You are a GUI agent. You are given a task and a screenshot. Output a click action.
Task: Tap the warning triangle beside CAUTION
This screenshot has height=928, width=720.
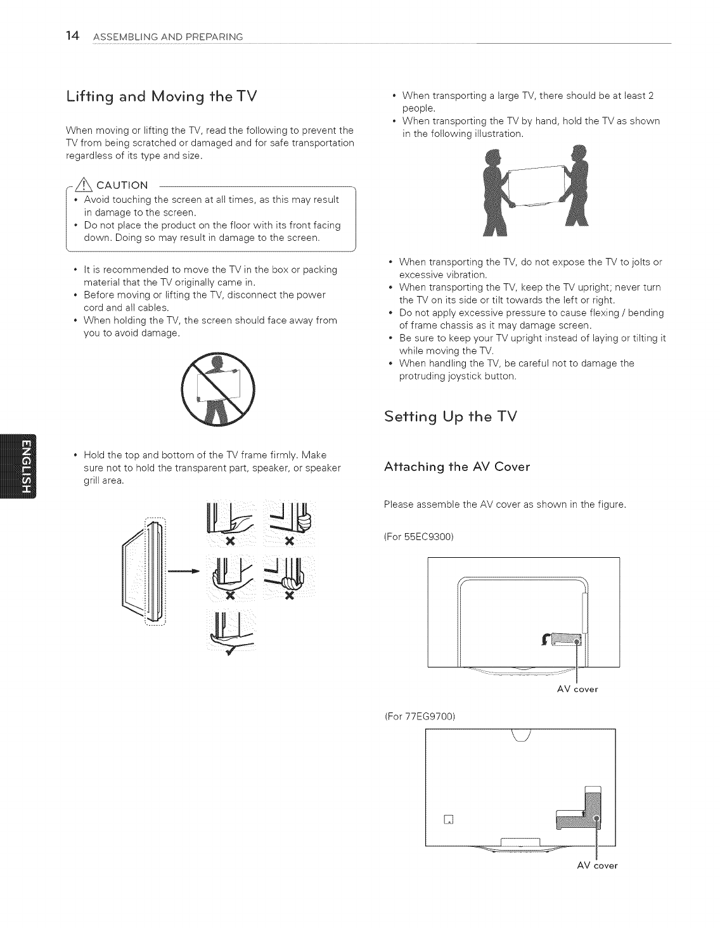click(82, 185)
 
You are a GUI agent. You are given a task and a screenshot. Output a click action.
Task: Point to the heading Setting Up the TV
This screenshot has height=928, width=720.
click(451, 416)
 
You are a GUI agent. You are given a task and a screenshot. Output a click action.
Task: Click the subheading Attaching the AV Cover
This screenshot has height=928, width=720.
click(457, 467)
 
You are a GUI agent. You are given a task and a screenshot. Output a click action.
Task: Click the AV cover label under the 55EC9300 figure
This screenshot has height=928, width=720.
click(577, 689)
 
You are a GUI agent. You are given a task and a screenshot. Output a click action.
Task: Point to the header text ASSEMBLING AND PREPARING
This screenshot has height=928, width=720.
click(168, 37)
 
